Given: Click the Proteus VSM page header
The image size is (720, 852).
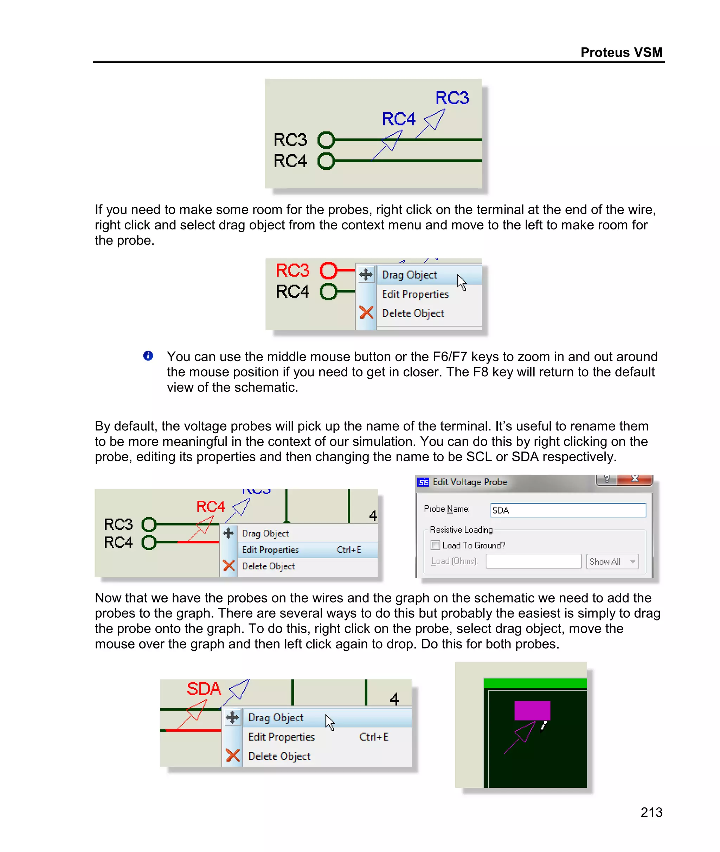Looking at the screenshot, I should [621, 53].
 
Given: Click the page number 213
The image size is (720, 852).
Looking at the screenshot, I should [651, 812].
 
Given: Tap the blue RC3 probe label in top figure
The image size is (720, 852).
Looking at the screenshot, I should [452, 98].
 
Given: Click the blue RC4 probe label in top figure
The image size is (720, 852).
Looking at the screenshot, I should [398, 119].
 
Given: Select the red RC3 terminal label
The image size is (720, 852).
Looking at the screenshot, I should [292, 271].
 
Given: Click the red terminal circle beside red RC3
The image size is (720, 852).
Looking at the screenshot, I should [328, 270].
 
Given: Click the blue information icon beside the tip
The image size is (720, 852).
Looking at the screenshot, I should [148, 356].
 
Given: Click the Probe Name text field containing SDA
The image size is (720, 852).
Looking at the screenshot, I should [567, 510].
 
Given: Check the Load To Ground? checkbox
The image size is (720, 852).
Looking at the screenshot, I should [436, 545].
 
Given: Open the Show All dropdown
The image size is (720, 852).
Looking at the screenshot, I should [612, 561].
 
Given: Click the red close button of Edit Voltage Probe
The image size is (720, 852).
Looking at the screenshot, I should [635, 479].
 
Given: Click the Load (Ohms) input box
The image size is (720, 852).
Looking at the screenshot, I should [533, 561].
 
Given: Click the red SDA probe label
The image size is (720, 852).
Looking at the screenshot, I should [204, 689].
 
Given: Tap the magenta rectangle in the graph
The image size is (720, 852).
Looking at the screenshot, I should [532, 710].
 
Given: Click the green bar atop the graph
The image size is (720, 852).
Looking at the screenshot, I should [535, 683].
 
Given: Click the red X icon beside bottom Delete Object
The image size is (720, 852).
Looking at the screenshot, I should [233, 756].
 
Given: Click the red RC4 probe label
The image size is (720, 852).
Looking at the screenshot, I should [210, 507].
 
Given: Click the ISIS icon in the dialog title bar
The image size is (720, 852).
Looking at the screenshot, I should [423, 482].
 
